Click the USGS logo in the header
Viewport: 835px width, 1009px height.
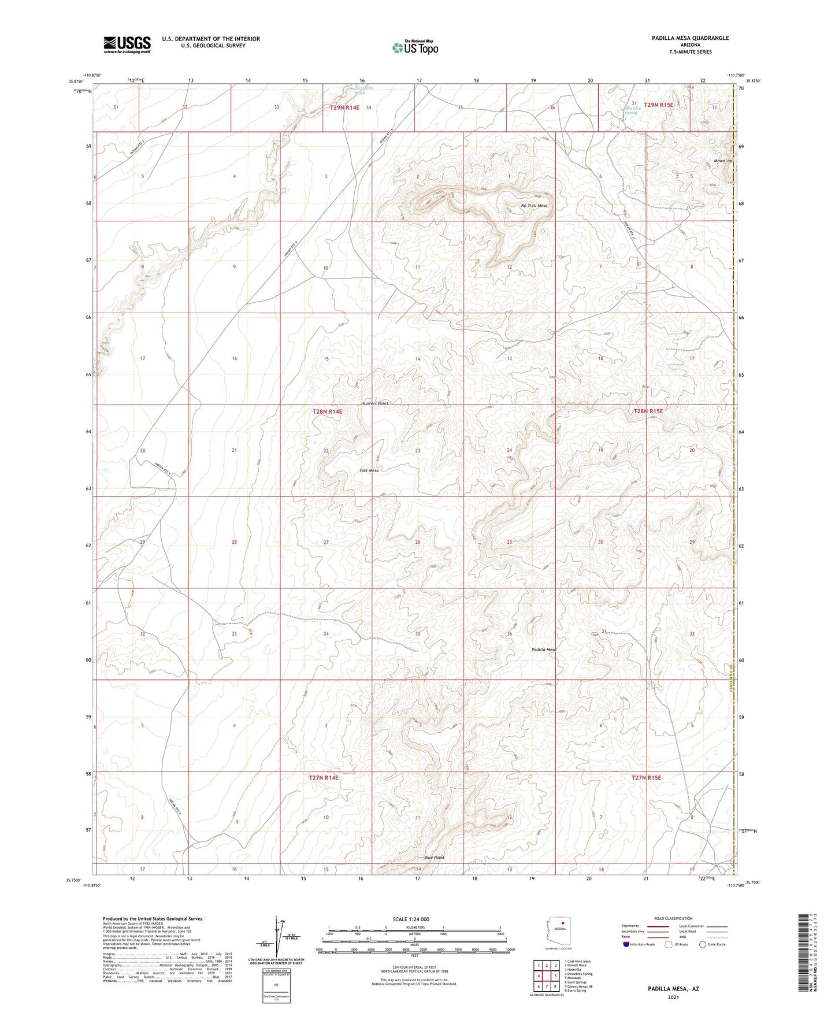pos(127,44)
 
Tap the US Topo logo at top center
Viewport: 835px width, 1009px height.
pos(414,47)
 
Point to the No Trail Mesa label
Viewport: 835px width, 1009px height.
pos(534,206)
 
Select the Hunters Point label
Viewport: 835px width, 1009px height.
pos(374,403)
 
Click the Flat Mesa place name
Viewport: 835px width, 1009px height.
pos(369,470)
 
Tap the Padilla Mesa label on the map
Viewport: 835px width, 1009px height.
pos(544,650)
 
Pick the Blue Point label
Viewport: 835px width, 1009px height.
pos(434,858)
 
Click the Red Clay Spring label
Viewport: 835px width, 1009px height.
pos(633,110)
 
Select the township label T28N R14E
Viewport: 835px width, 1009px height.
pos(328,411)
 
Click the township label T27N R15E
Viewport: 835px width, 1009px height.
pos(646,778)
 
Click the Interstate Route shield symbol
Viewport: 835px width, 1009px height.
pos(626,944)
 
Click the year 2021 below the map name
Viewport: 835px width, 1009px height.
pos(673,997)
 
